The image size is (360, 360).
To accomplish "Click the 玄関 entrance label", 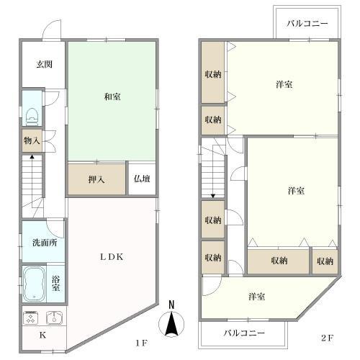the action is tap(45, 64).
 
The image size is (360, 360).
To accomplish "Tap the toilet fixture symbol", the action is tap(32, 117).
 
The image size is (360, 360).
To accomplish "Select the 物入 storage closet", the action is tap(32, 140).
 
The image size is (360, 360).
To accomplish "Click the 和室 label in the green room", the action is tap(112, 96).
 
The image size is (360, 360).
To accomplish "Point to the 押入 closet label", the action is tap(96, 179).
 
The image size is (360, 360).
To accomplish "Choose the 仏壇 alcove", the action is tap(142, 179).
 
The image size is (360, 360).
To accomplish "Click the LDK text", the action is tap(112, 257).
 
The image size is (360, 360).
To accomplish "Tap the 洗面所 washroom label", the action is tap(45, 243).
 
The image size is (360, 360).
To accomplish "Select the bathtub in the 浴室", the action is tap(34, 284).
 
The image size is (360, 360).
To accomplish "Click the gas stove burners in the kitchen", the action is tap(31, 318).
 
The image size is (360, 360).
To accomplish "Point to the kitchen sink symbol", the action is tap(54, 318).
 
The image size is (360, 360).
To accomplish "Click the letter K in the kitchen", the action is tap(42, 335).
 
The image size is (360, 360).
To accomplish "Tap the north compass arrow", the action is tap(171, 323).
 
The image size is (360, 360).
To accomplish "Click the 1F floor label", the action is tap(141, 343).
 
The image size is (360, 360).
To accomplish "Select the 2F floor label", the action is tap(328, 338).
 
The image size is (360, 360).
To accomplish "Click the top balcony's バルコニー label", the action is tap(307, 23).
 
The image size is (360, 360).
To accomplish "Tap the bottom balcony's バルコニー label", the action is tap(244, 333).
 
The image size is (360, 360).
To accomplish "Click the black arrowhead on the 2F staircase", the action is tap(213, 196).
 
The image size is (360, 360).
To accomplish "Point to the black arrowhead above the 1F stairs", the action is tap(32, 157).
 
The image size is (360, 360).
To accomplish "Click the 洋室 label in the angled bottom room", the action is tap(256, 297).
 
